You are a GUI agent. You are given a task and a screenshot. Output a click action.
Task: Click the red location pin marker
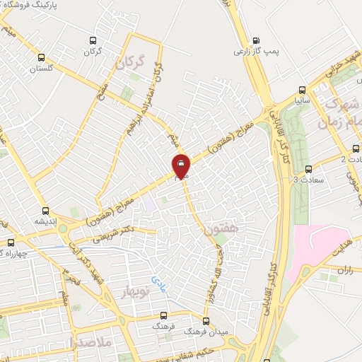pyautogui.click(x=181, y=167)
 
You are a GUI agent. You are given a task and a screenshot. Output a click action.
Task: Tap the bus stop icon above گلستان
pyautogui.click(x=41, y=58)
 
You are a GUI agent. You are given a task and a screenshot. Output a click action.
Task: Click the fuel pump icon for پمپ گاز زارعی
pyautogui.click(x=255, y=40)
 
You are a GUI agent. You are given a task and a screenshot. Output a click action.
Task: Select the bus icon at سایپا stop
pyautogui.click(x=303, y=90)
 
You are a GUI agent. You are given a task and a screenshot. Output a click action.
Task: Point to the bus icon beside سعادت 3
pyautogui.click(x=308, y=168)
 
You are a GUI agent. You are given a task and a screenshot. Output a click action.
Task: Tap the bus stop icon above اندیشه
pyautogui.click(x=46, y=210)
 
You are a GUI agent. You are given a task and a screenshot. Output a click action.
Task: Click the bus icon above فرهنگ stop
pyautogui.click(x=165, y=315)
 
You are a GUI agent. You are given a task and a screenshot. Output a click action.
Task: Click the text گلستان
pyautogui.click(x=41, y=69)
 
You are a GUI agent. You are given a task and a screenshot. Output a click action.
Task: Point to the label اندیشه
pyautogui.click(x=46, y=221)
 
